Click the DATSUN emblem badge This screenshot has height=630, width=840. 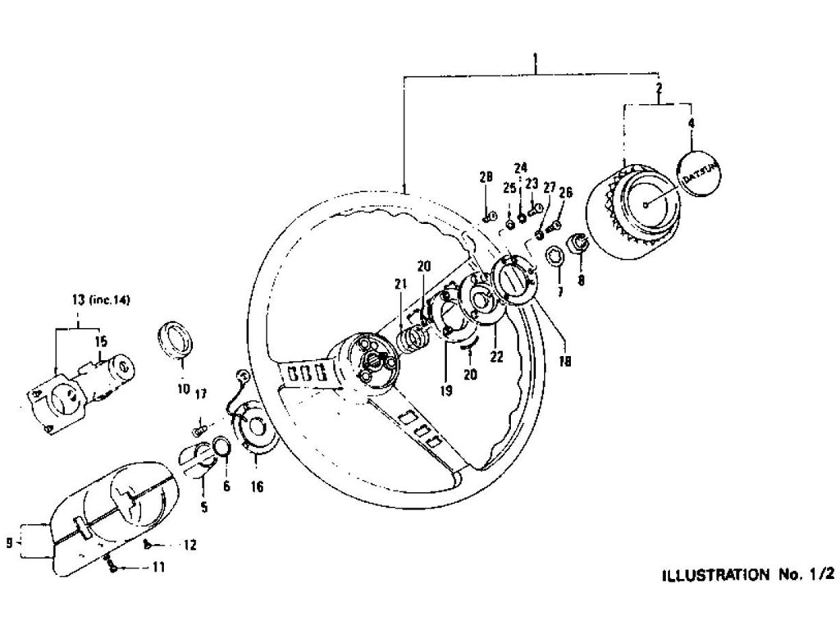696,170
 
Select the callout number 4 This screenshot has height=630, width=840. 691,124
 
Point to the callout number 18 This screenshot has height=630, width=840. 566,360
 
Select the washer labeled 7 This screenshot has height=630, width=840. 554,255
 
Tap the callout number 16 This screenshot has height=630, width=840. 257,487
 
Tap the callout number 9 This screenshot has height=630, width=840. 9,542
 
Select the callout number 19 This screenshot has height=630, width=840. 445,392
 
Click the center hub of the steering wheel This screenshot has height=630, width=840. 372,358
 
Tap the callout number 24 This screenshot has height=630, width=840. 520,168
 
